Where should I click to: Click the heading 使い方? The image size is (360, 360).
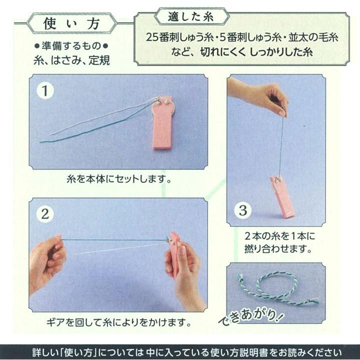pos(71,23)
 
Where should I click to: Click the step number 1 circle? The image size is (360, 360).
pos(45,91)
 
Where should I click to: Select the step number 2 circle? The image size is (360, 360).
pos(45,214)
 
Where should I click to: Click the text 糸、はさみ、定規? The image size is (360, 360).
pos(71,60)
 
